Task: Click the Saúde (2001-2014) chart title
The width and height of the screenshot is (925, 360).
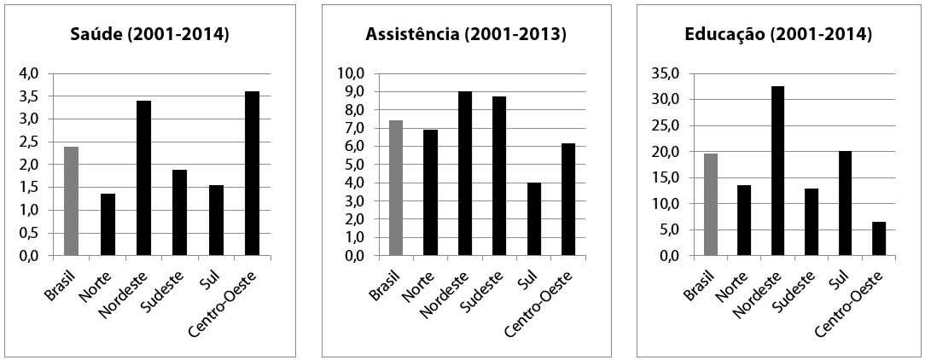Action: pos(149,35)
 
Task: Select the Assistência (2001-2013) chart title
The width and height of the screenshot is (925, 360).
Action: pos(466,35)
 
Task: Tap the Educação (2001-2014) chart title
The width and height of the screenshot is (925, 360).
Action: pos(778,35)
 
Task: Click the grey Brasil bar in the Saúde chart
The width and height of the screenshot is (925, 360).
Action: pos(71,201)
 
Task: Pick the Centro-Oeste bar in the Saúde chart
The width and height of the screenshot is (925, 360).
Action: pos(252,173)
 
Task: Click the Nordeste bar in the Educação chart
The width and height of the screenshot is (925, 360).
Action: pos(777,171)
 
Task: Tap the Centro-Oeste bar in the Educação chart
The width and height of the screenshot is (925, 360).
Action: pos(879,238)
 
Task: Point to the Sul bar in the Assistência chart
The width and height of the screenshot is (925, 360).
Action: pos(534,218)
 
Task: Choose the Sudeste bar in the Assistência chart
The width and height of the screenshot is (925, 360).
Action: pos(499,176)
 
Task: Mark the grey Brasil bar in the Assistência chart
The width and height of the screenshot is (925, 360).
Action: pos(395,188)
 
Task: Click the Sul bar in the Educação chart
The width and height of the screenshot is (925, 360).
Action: pos(845,203)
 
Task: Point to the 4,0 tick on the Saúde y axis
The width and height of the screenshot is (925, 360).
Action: pos(28,73)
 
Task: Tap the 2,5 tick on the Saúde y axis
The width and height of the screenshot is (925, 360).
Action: pos(28,142)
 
